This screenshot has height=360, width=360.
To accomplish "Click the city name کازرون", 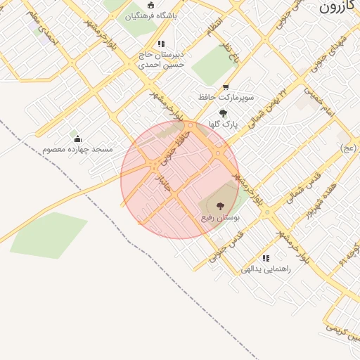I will (339, 7).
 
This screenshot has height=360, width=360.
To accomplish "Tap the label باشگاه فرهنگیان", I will (152, 15).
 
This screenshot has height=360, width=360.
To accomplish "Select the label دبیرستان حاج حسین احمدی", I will (160, 59).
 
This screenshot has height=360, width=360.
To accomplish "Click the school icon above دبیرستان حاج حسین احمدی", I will (161, 44).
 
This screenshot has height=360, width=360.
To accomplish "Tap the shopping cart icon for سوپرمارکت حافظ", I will (226, 86).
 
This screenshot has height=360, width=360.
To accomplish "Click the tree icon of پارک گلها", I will (223, 112).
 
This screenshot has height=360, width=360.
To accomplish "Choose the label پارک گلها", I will (223, 124).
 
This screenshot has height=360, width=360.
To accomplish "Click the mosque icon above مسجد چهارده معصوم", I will (77, 138).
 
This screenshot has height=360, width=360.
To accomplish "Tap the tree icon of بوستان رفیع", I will (221, 206).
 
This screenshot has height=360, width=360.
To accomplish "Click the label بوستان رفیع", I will (221, 218).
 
